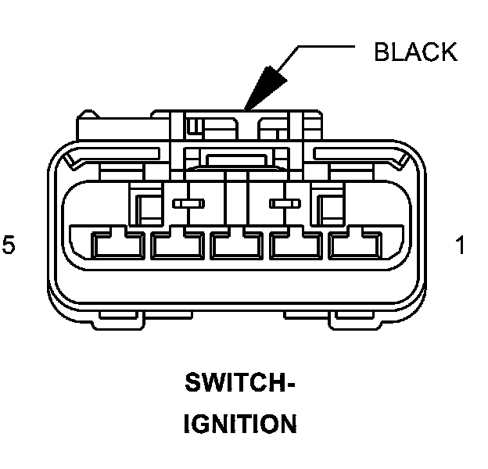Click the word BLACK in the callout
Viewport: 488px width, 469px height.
point(415,52)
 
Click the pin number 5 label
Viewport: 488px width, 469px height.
point(9,245)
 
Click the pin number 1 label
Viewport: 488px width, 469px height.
point(461,245)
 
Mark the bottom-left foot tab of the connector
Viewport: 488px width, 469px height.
point(146,317)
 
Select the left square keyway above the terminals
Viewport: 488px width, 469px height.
point(148,205)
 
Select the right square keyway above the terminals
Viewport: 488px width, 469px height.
point(325,205)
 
